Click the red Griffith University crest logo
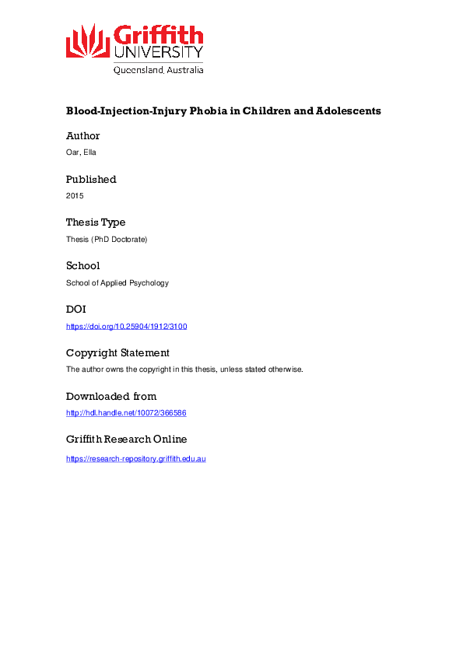[88, 41]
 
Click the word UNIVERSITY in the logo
[159, 53]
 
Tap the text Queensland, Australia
[159, 70]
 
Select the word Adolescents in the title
[348, 110]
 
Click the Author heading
[83, 136]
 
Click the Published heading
[91, 179]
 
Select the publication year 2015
[75, 196]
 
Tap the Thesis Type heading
[96, 222]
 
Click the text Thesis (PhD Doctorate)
[107, 240]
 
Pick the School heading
[82, 266]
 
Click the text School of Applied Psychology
[118, 283]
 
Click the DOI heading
[76, 310]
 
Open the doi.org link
[127, 327]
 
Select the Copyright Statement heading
[118, 353]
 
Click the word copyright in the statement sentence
[168, 370]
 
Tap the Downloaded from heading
[111, 396]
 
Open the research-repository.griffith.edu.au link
[136, 459]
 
